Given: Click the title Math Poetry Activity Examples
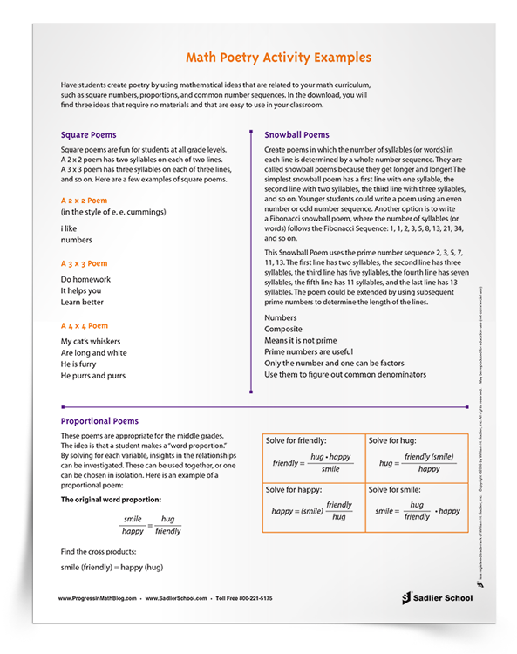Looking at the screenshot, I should click(x=279, y=58).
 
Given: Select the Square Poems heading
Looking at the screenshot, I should click(x=88, y=135).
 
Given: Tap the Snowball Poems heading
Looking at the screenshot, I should click(x=296, y=135).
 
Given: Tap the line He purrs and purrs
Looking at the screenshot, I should click(x=93, y=375).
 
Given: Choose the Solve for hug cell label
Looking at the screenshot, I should click(x=397, y=441).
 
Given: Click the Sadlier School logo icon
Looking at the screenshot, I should click(x=407, y=598).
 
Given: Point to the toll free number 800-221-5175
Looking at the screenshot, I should click(x=248, y=599).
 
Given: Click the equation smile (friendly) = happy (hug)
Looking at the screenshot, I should click(x=112, y=568).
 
